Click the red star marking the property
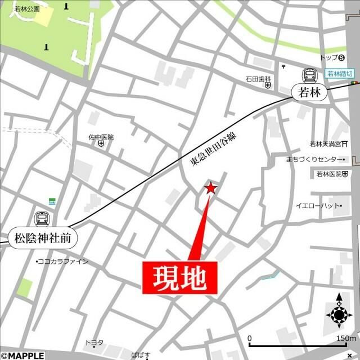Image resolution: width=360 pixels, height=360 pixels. (210, 188)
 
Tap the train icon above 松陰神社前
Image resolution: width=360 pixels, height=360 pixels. (42, 218)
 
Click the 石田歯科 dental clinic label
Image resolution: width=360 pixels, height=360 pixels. (258, 78)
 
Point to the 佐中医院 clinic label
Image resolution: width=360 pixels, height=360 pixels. (101, 137)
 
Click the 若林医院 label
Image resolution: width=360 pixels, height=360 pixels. (329, 174)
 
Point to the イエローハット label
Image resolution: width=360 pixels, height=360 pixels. (317, 206)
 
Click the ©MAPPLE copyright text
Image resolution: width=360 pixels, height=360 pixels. (22, 355)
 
